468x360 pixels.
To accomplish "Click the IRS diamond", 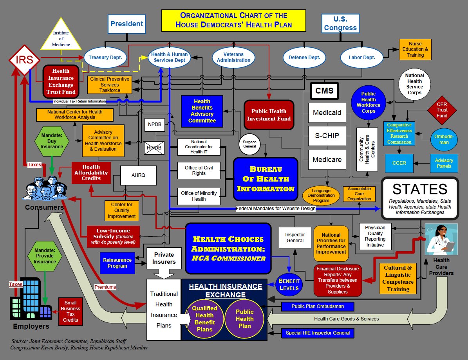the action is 24,59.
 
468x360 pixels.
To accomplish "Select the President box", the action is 126,24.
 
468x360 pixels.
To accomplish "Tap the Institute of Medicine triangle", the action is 61,34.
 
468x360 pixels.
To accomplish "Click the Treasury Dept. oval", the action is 105,58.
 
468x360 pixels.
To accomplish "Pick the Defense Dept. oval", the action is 304,58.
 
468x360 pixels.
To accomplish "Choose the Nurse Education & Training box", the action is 415,50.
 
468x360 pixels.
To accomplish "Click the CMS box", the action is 324,91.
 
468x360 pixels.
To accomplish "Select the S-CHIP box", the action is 327,136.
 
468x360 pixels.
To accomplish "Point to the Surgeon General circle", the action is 249,144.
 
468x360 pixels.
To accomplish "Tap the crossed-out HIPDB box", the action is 154,148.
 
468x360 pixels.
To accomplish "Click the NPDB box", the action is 155,124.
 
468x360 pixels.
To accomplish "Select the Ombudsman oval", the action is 444,139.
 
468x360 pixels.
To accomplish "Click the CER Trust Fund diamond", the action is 442,110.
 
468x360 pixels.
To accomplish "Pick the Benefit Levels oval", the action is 289,284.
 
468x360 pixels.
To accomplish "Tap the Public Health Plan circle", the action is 244,319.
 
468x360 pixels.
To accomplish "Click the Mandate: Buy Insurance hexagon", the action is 52,141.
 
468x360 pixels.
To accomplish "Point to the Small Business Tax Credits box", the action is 70,311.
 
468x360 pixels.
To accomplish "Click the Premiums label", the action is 105,287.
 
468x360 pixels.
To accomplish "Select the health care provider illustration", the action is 441,239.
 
